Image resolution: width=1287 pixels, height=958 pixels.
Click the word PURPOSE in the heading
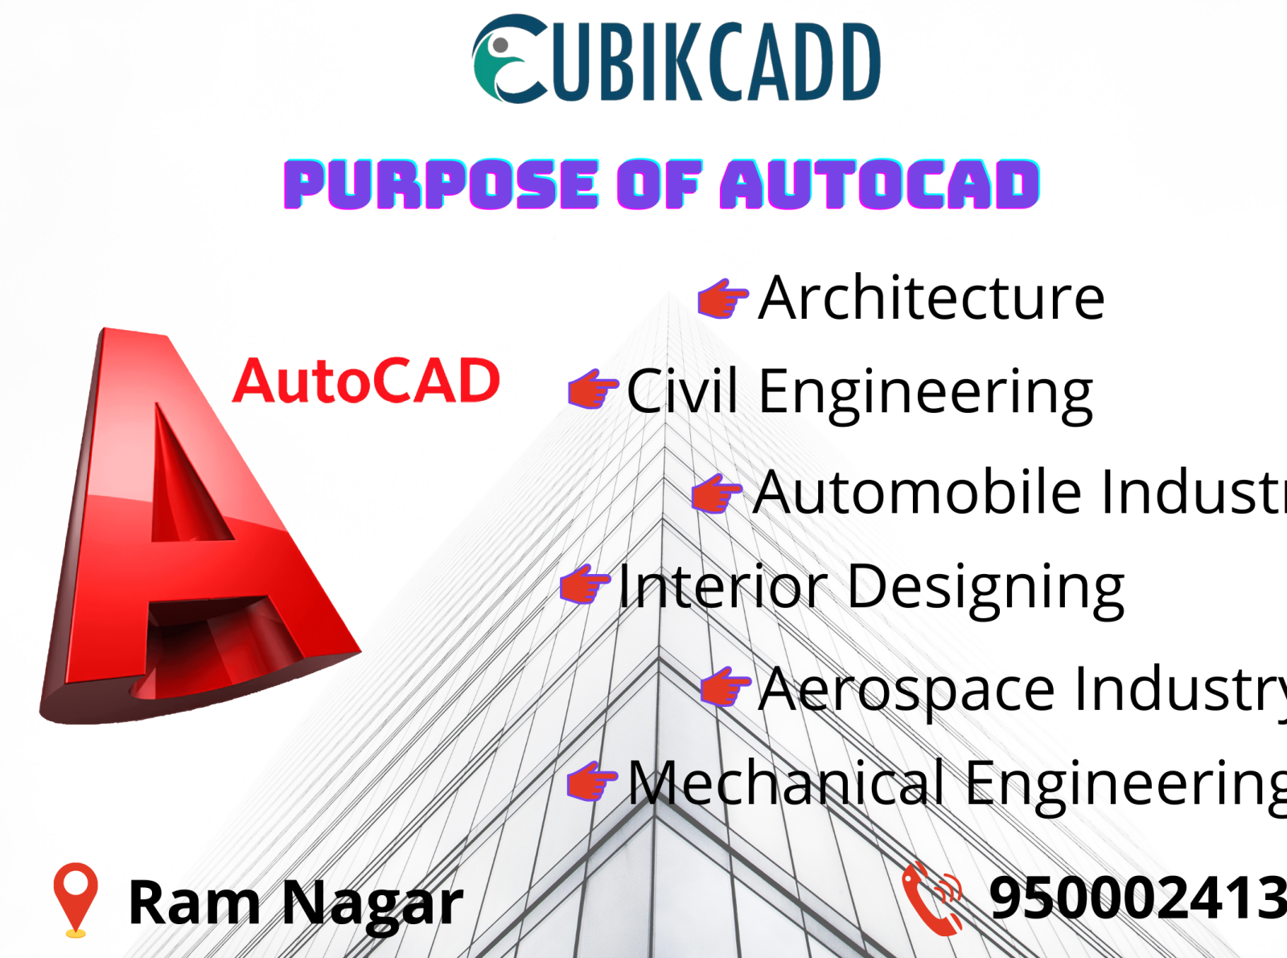pyautogui.click(x=441, y=184)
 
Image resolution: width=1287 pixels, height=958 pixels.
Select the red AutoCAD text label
pyautogui.click(x=367, y=382)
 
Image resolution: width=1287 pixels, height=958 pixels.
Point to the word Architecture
pyautogui.click(x=931, y=298)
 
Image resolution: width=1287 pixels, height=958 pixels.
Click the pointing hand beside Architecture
pyautogui.click(x=722, y=298)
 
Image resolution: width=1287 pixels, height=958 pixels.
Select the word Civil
pyautogui.click(x=682, y=392)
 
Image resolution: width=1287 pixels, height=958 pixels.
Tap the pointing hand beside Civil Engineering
pyautogui.click(x=592, y=390)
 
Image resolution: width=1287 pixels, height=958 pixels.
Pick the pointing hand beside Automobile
pyautogui.click(x=715, y=493)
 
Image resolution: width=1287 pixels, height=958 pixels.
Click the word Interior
pyautogui.click(x=722, y=586)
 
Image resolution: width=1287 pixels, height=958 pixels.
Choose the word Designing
pyautogui.click(x=985, y=588)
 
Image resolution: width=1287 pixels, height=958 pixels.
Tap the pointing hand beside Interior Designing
pyautogui.click(x=584, y=584)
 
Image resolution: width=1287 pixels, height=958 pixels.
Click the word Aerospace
pyautogui.click(x=907, y=689)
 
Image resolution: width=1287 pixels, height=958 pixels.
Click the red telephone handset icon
pyautogui.click(x=931, y=897)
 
